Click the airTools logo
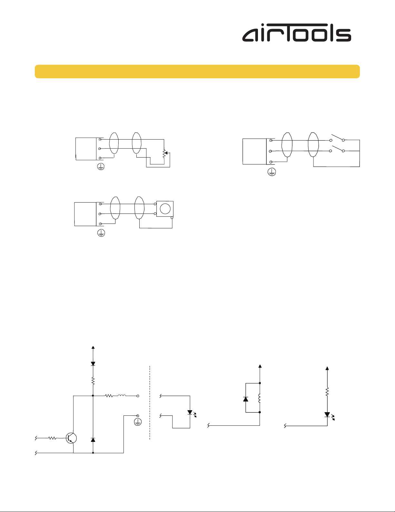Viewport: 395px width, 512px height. click(x=296, y=33)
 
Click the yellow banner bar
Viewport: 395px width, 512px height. click(x=197, y=71)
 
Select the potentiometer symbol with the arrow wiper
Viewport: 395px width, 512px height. click(x=165, y=153)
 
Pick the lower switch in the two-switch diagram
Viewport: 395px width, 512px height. click(x=337, y=149)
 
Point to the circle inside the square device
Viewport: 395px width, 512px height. click(x=165, y=209)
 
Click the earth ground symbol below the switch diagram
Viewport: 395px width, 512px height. click(x=272, y=172)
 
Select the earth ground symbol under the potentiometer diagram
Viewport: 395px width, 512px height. click(x=101, y=167)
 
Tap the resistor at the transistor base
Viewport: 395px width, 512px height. click(x=53, y=438)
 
